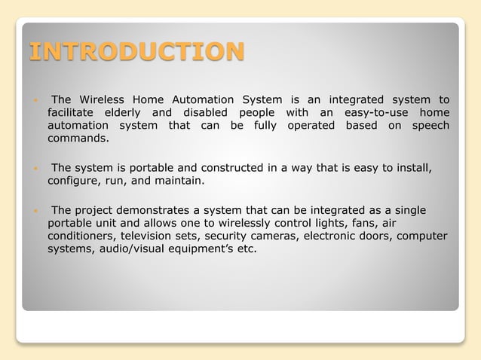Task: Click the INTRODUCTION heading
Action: (137, 52)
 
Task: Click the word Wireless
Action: (102, 100)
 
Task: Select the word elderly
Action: (124, 113)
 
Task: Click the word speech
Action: (430, 126)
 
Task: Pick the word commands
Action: (77, 139)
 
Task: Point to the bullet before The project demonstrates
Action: (35, 211)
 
